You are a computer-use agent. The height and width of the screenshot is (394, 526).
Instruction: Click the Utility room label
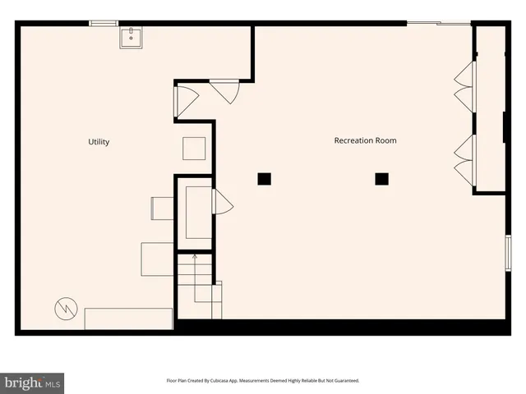[99, 142]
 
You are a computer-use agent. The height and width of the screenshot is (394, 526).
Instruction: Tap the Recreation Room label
[365, 140]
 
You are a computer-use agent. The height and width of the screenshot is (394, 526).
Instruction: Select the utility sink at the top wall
[131, 37]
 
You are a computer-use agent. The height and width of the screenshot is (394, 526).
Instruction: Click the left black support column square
[264, 178]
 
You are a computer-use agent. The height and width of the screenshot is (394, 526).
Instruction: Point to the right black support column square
[381, 178]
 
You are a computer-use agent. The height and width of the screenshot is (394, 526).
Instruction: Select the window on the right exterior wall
[508, 251]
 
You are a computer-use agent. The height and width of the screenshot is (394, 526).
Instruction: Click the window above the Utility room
[104, 23]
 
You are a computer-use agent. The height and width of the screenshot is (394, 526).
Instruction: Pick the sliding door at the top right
[439, 23]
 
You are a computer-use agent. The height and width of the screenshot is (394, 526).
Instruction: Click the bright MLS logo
[33, 382]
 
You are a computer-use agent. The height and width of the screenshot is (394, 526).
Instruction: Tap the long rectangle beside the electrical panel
[128, 318]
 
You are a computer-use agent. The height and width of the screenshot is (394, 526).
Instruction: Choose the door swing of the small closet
[222, 202]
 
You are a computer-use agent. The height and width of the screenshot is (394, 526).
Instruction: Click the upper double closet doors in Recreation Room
[465, 85]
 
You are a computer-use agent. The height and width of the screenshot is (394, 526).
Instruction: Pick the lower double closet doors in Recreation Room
[465, 160]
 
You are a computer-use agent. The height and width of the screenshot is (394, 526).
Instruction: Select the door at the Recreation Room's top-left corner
[224, 90]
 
